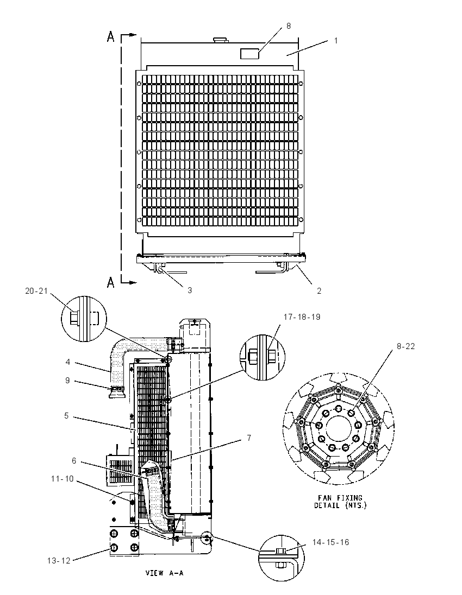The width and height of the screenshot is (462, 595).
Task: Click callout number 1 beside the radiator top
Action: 336,40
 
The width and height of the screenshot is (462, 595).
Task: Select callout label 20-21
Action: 36,290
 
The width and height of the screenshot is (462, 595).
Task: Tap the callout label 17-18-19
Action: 302,317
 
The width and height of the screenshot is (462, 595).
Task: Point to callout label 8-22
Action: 405,346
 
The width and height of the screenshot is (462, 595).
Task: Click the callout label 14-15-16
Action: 330,542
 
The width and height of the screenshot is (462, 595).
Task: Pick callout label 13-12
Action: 59,560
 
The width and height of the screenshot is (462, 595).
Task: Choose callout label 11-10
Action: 63,479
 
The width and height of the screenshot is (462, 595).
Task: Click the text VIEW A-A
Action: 165,573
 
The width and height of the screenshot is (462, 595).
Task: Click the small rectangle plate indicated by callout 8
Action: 249,54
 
